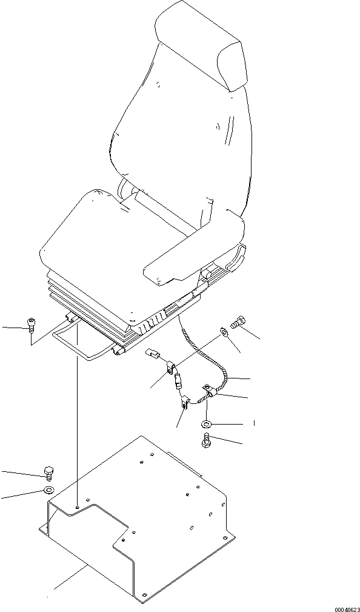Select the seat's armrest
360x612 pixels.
click(194, 250)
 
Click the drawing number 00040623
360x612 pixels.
click(347, 609)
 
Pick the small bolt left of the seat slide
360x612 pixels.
click(30, 324)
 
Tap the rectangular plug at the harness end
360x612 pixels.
click(152, 354)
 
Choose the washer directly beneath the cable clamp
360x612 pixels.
click(207, 424)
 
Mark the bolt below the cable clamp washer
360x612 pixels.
click(206, 440)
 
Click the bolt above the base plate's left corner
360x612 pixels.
click(48, 472)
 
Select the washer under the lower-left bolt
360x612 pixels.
click(48, 490)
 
